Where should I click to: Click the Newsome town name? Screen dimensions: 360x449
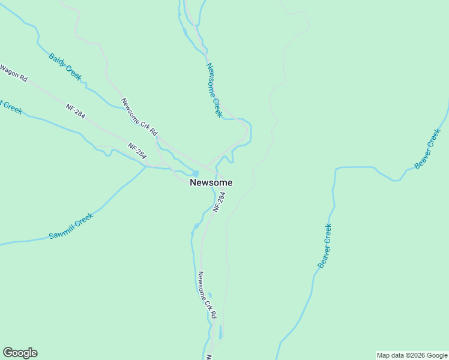(x=211, y=182)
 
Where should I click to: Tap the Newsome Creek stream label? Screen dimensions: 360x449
(x=214, y=90)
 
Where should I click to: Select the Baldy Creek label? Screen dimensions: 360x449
(x=65, y=67)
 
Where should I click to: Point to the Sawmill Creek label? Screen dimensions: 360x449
(x=71, y=226)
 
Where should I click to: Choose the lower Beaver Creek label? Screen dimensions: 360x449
(x=325, y=246)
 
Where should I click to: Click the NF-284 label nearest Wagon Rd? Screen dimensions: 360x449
(x=76, y=110)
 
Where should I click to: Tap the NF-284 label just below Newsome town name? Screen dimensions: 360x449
(x=219, y=202)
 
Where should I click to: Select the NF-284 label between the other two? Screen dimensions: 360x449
(x=137, y=151)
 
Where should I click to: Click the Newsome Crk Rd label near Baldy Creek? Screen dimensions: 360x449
(x=139, y=116)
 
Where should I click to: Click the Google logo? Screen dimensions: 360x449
(x=20, y=353)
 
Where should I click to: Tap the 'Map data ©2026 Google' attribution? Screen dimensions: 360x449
(x=412, y=355)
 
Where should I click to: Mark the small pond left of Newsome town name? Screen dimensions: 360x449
(x=196, y=173)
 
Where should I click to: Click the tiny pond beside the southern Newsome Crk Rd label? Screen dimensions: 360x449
(x=209, y=295)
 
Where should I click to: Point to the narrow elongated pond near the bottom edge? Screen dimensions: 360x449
(x=220, y=332)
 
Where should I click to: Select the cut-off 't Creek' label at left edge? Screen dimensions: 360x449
(x=11, y=107)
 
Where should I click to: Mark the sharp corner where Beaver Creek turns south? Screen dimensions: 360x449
(x=335, y=169)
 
